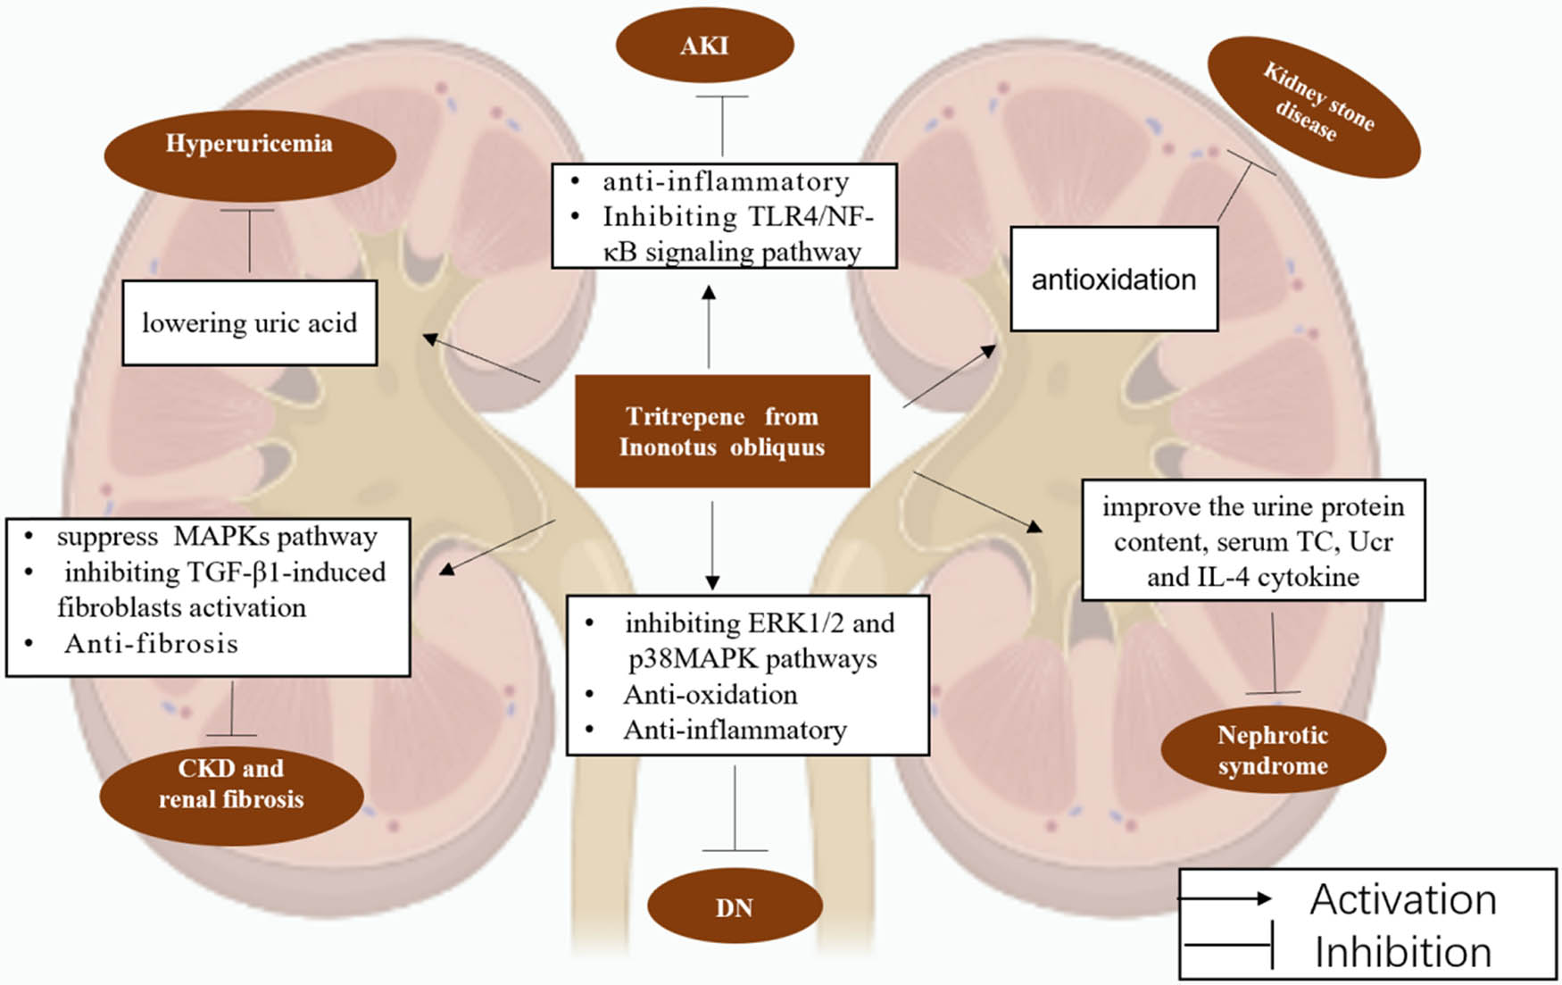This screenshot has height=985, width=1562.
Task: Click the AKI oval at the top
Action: coord(704,46)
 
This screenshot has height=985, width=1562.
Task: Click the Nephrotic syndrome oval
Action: coord(1273,750)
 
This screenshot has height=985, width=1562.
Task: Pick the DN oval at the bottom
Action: coord(734,907)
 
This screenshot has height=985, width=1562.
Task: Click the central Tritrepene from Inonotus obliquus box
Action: coord(722,431)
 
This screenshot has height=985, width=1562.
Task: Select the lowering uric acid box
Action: coord(249,322)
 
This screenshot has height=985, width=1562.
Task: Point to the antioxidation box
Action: coord(1113,279)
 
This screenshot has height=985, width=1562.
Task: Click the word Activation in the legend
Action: coord(1402,899)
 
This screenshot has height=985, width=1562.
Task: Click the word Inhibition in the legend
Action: coord(1402,952)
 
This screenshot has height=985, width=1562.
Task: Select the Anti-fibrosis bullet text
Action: coord(151,644)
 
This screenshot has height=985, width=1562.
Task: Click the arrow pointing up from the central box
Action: coord(709,326)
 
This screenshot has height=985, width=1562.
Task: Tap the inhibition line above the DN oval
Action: coord(735,808)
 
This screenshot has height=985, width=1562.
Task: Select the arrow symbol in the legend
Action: coord(1226,898)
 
